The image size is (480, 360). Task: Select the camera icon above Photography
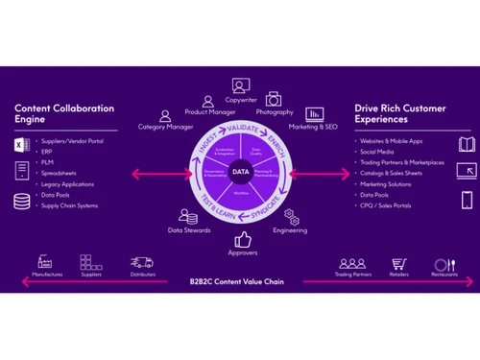274,98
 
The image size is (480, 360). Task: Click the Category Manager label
166,126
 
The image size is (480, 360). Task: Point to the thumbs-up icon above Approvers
242,239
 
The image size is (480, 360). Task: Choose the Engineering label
290,230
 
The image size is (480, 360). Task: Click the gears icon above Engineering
291,217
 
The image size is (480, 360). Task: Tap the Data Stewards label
189,230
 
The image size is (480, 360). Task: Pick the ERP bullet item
48,152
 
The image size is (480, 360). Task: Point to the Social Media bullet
378,152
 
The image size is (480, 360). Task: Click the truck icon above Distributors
141,261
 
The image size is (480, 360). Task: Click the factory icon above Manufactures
44,261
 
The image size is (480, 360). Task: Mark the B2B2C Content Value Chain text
240,282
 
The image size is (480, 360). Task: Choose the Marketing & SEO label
314,126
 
